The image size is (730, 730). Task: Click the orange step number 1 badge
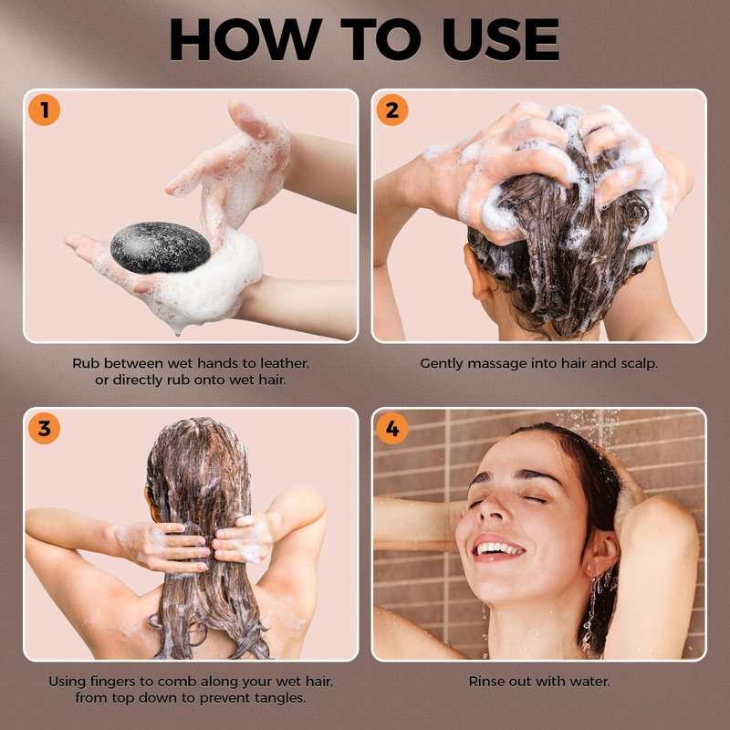tap(44, 109)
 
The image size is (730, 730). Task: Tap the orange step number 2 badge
tap(392, 109)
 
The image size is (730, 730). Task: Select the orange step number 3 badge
tap(44, 428)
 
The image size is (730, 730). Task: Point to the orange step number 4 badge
tap(392, 428)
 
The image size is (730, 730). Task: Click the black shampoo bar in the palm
tap(161, 247)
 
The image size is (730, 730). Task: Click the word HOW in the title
tap(245, 40)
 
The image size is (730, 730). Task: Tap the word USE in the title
tap(500, 40)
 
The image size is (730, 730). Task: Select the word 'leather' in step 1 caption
tap(284, 363)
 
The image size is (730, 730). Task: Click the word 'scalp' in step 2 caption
tap(640, 363)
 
